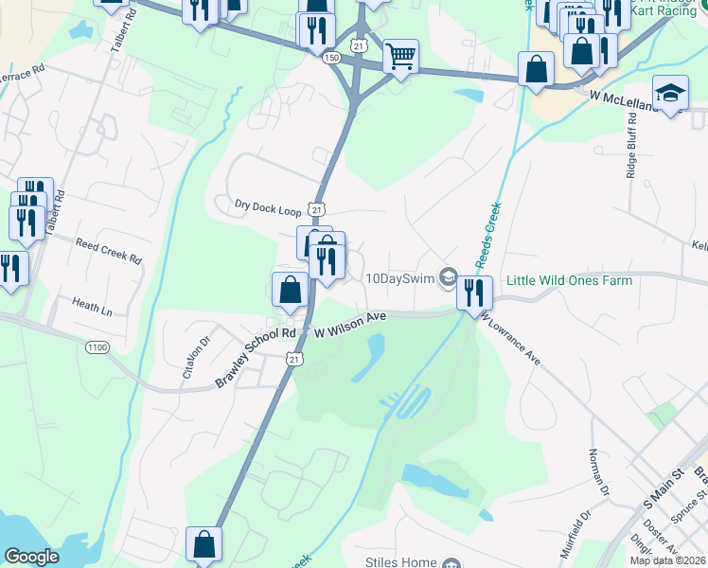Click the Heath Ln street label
coord(92,305)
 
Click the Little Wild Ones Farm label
coord(575,280)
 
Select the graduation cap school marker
coord(670,93)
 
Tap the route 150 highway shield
coord(331,58)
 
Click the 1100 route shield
coord(97,348)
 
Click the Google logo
coord(32,557)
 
